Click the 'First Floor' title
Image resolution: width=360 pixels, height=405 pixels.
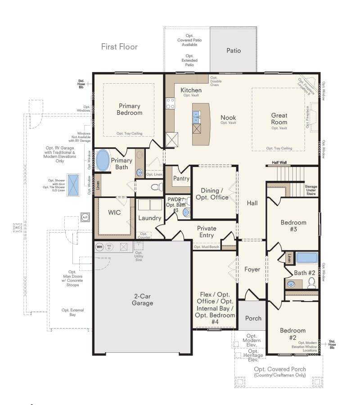pyautogui.click(x=119, y=46)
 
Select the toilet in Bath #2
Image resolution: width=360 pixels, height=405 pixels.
pyautogui.click(x=311, y=283)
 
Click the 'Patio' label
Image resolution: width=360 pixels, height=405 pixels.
pyautogui.click(x=233, y=50)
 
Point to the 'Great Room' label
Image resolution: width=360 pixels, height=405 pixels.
pyautogui.click(x=279, y=119)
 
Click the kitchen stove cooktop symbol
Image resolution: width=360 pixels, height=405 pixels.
pyautogui.click(x=170, y=103)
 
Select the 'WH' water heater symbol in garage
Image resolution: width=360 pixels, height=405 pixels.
pyautogui.click(x=99, y=247)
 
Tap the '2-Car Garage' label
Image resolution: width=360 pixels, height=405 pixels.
pyautogui.click(x=143, y=300)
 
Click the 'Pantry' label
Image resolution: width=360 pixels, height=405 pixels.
pyautogui.click(x=181, y=179)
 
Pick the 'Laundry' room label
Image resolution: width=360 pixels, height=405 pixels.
pyautogui.click(x=150, y=218)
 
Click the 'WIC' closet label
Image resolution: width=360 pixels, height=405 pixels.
pyautogui.click(x=114, y=212)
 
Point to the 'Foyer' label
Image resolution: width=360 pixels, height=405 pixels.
pyautogui.click(x=252, y=270)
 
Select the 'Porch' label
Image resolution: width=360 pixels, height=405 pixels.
pyautogui.click(x=253, y=318)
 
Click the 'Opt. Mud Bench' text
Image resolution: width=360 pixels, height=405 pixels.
pyautogui.click(x=206, y=247)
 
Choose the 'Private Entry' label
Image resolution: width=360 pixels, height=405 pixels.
pyautogui.click(x=207, y=232)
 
